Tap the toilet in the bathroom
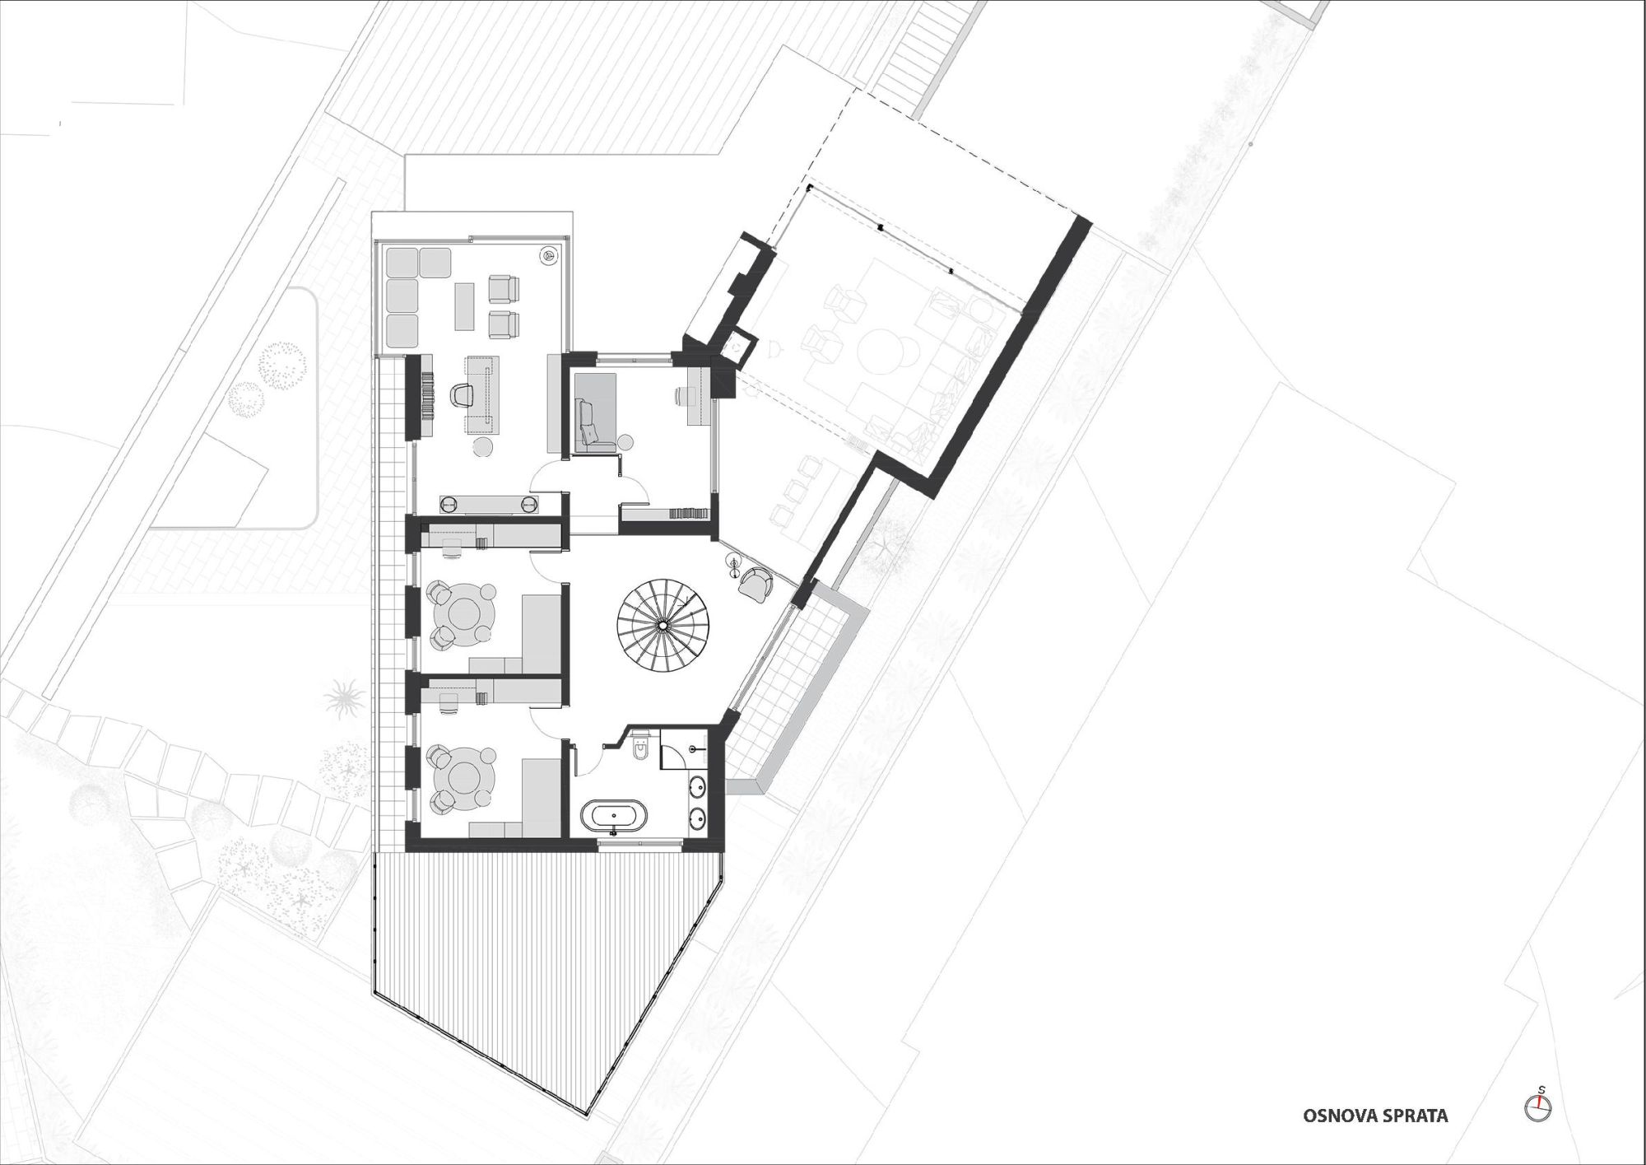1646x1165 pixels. (641, 748)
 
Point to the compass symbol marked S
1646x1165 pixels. (1537, 1107)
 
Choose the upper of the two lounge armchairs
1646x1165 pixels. (504, 288)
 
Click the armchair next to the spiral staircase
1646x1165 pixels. (756, 584)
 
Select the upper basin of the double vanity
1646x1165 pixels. (699, 787)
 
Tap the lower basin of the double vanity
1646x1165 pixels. (699, 818)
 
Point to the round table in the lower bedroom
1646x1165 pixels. (463, 776)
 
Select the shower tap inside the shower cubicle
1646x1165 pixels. (698, 748)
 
